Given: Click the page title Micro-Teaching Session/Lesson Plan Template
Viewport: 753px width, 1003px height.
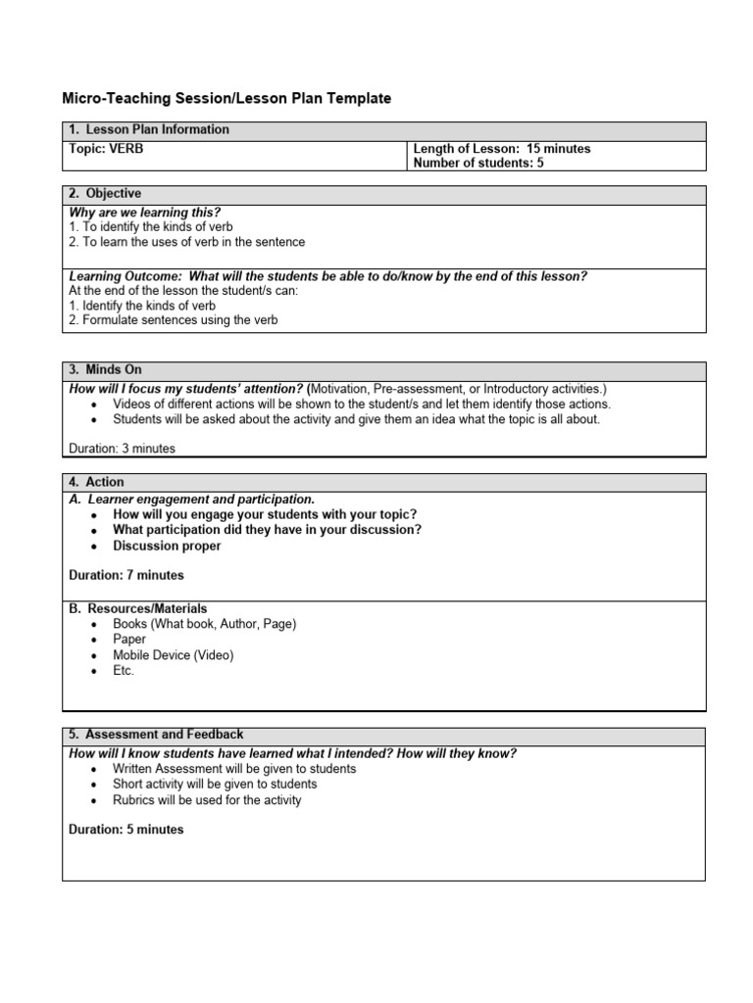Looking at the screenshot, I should click(226, 98).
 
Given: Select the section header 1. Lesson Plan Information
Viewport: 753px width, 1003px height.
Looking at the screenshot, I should click(149, 129).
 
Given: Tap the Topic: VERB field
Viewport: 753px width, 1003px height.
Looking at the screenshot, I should click(107, 149).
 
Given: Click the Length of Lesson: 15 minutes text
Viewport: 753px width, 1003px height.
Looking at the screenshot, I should click(502, 149).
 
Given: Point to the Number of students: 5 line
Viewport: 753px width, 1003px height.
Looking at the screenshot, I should click(478, 164).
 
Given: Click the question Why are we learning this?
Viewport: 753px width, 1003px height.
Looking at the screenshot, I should click(145, 213).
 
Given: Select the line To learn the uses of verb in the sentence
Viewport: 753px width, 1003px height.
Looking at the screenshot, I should click(186, 242).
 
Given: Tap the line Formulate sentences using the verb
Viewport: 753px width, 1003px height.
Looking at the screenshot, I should click(174, 320).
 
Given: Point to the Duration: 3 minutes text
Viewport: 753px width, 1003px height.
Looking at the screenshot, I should click(123, 449).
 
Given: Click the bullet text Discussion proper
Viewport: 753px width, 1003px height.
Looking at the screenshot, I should click(167, 546).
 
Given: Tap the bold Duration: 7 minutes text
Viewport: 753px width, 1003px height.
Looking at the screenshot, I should click(126, 575).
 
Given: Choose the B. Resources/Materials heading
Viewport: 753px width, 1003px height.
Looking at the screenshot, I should click(138, 608).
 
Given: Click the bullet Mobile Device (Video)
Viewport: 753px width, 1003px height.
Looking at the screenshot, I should click(174, 655).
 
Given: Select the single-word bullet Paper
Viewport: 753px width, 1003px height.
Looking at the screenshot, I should click(129, 640).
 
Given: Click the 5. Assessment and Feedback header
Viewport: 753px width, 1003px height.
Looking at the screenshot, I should click(156, 735).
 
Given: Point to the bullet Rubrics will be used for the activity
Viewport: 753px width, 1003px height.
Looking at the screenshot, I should click(207, 800).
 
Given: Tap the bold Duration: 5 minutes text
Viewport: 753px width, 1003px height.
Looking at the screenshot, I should click(126, 830).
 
